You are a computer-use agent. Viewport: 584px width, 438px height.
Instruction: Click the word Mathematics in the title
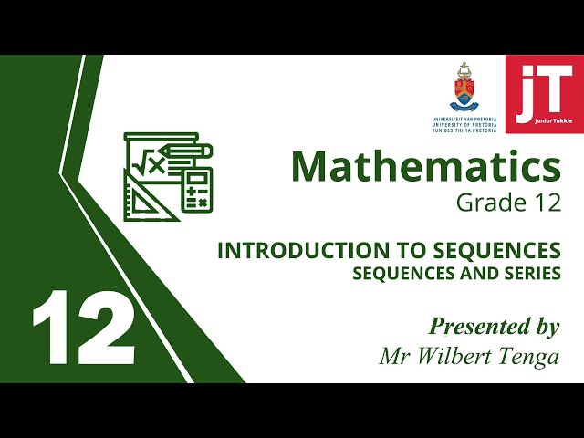[x=425, y=167]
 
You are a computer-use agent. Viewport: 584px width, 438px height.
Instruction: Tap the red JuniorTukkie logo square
[x=545, y=93]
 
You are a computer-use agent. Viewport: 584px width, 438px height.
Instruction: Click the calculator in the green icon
[x=196, y=189]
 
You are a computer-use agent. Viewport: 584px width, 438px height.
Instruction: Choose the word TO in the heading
[x=391, y=250]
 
